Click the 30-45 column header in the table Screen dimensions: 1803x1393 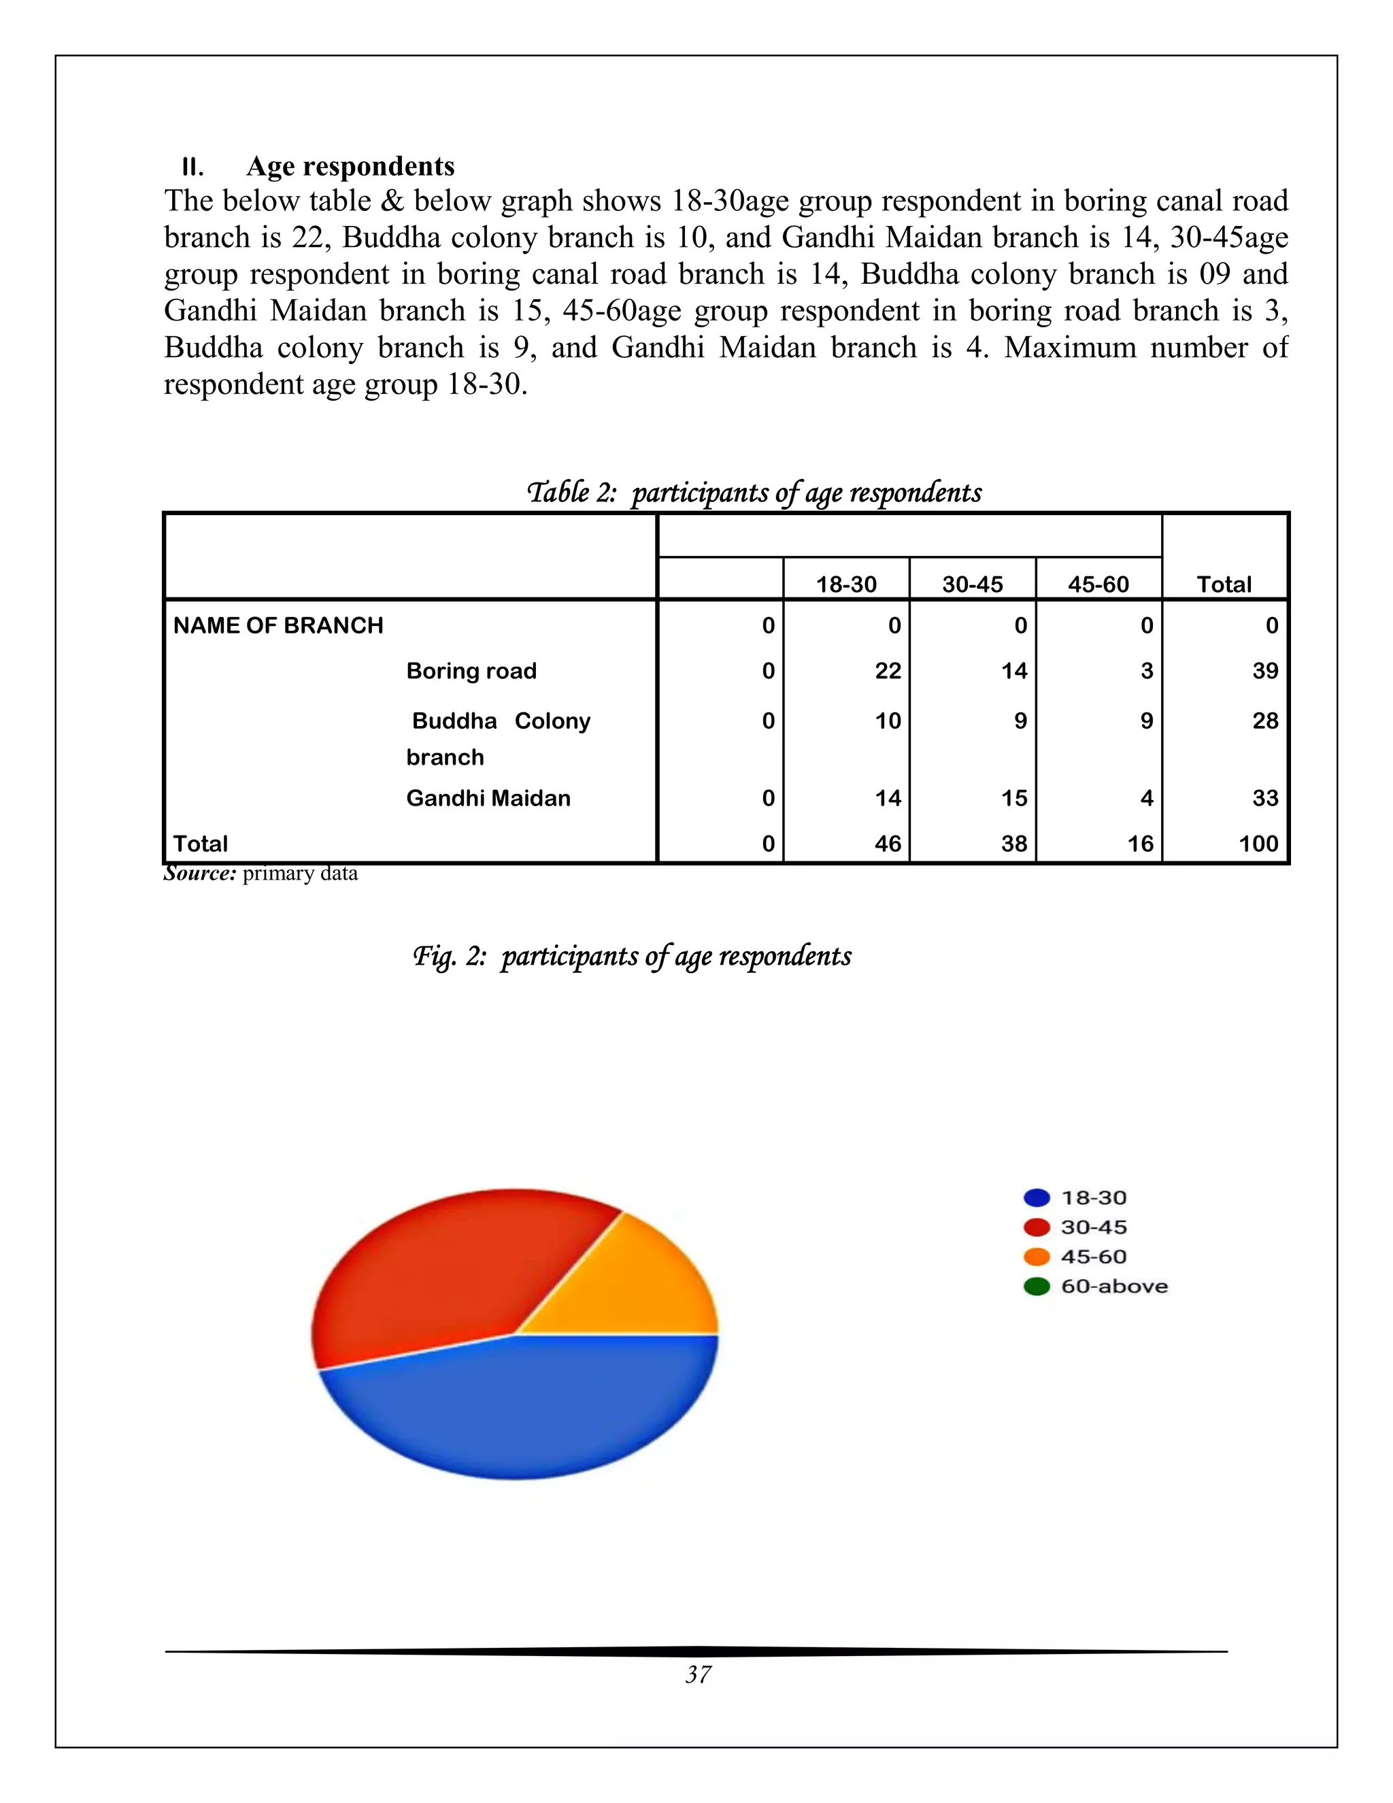[x=972, y=584]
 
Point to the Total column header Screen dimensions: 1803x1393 [x=1224, y=584]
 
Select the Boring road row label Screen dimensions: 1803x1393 [x=471, y=670]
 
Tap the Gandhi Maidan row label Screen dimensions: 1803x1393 [x=488, y=798]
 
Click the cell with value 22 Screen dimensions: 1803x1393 [x=887, y=670]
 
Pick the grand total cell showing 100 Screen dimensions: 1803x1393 [x=1258, y=844]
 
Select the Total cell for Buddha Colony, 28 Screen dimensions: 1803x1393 [x=1264, y=721]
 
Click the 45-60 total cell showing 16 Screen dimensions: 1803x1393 [x=1140, y=844]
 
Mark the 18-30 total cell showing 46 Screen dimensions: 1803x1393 [x=887, y=844]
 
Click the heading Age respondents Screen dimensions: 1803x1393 [x=350, y=167]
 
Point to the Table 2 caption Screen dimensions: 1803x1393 [x=754, y=493]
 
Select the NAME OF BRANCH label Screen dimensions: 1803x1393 [x=278, y=626]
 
